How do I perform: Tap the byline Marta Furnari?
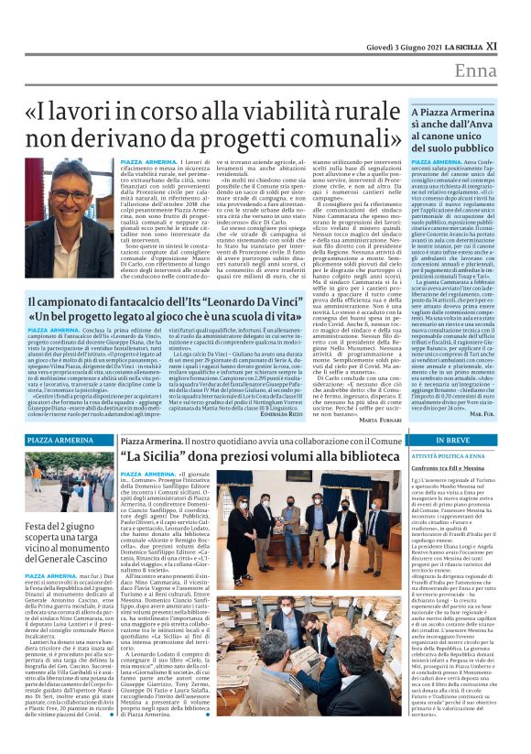coord(380,421)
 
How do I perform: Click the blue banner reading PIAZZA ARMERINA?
coord(60,442)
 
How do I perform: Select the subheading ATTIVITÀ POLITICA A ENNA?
coord(449,455)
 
